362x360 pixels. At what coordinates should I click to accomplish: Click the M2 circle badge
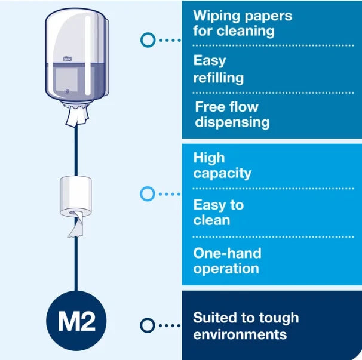[76, 321]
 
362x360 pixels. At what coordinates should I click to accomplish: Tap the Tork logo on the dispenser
[68, 59]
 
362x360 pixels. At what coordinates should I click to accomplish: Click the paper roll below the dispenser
[75, 196]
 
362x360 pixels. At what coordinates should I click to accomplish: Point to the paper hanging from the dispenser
[77, 115]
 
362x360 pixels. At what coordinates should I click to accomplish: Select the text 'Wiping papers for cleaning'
[243, 23]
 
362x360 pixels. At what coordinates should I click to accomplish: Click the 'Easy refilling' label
[219, 69]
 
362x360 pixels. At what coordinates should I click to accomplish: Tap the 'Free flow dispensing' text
[232, 115]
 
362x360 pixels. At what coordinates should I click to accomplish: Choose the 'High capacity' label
[222, 165]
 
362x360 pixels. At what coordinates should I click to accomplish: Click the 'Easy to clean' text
[219, 213]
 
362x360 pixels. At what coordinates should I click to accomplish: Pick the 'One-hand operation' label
[227, 261]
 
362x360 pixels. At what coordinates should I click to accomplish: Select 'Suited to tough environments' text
[246, 326]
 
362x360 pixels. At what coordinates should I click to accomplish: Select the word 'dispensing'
[232, 122]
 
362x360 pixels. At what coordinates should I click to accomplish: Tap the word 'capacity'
[222, 174]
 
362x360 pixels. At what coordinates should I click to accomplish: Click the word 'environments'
[240, 334]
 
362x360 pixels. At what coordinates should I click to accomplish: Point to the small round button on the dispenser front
[68, 91]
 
